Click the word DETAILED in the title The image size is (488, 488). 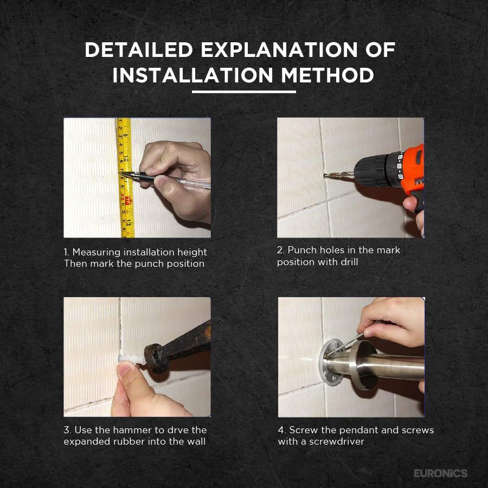tap(139, 50)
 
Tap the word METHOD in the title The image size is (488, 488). tap(328, 75)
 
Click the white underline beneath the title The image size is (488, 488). tap(243, 92)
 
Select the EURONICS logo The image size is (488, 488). tap(440, 473)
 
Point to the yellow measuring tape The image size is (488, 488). tap(125, 177)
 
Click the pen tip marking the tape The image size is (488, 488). tap(121, 173)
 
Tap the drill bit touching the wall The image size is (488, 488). tap(338, 176)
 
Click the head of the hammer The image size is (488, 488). tap(155, 358)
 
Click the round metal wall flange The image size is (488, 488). tap(331, 361)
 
